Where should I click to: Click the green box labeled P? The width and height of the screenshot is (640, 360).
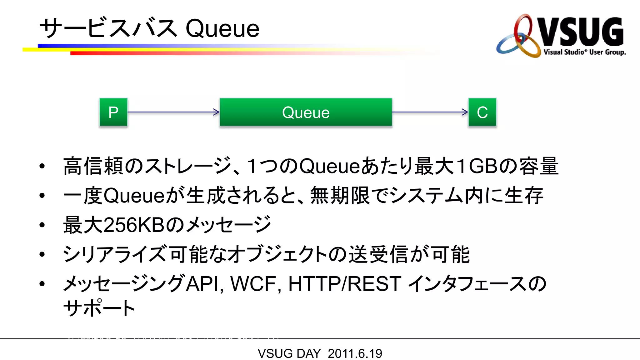pyautogui.click(x=113, y=112)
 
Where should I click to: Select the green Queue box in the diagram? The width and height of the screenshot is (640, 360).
pyautogui.click(x=306, y=112)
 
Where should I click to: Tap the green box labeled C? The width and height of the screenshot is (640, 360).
pyautogui.click(x=482, y=112)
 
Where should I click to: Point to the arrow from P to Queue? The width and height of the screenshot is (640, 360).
pyautogui.click(x=173, y=112)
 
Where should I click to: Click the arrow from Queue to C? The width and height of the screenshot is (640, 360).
pyautogui.click(x=430, y=112)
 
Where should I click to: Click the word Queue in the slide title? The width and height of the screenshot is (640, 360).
pyautogui.click(x=222, y=29)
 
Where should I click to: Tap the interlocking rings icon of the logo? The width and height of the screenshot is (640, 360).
pyautogui.click(x=519, y=37)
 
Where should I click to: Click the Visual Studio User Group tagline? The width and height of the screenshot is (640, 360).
pyautogui.click(x=584, y=52)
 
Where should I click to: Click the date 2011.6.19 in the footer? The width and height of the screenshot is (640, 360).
pyautogui.click(x=355, y=353)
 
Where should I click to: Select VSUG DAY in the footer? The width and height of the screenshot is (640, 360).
pyautogui.click(x=289, y=353)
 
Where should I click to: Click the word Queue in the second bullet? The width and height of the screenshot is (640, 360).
pyautogui.click(x=134, y=196)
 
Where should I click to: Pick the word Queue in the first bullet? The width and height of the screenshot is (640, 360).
pyautogui.click(x=330, y=166)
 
